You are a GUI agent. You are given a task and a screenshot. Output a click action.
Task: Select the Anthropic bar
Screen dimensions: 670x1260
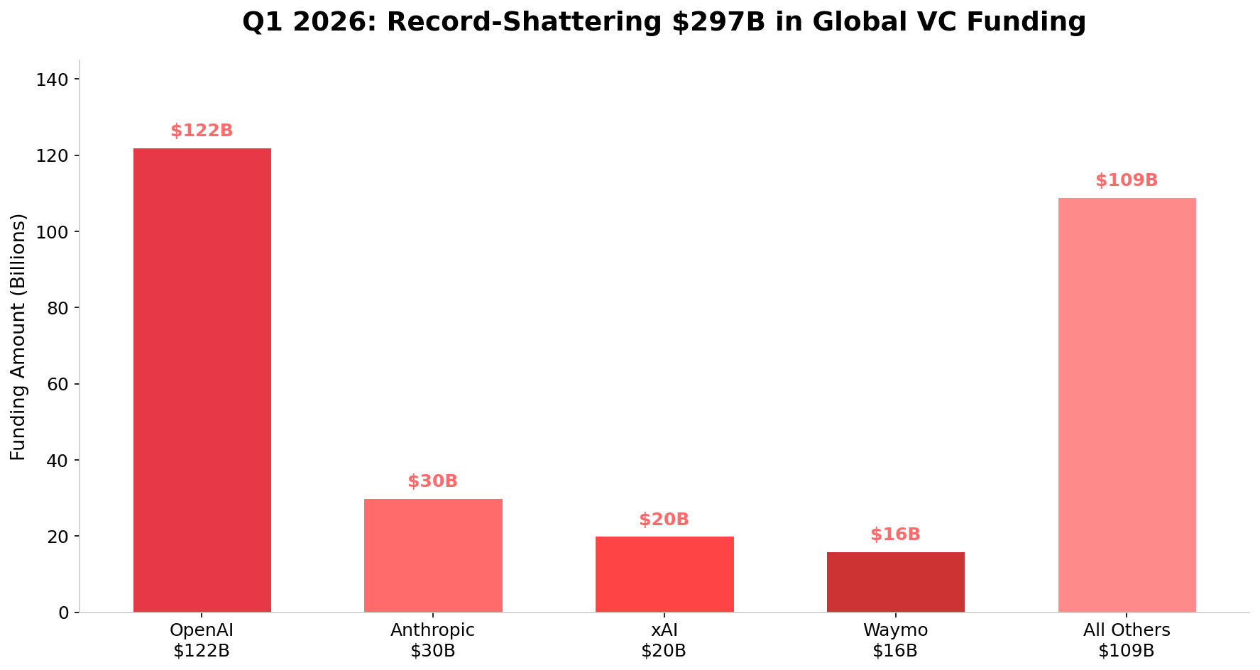(433, 555)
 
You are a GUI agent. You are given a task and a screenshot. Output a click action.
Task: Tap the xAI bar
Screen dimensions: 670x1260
(664, 574)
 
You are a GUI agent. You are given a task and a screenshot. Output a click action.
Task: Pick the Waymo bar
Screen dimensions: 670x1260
(895, 582)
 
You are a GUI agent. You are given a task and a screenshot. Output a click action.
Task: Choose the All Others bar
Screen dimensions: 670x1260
(1127, 405)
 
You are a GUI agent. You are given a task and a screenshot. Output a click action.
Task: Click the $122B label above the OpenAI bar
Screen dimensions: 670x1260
(202, 131)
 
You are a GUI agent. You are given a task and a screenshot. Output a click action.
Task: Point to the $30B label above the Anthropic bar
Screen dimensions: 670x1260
(433, 482)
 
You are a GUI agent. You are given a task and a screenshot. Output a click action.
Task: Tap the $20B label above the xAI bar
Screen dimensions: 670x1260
(664, 520)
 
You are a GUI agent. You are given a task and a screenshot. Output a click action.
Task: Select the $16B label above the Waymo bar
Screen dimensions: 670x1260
(895, 535)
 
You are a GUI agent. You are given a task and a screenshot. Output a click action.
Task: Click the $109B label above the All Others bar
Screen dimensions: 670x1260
(1127, 181)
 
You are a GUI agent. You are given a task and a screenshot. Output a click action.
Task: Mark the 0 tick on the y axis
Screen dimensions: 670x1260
(63, 613)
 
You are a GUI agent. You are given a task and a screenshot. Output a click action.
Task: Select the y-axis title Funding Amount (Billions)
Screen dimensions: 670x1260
(18, 336)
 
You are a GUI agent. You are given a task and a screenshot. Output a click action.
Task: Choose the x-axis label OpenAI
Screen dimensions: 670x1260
(202, 630)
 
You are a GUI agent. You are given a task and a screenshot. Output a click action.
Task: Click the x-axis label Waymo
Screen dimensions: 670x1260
(895, 630)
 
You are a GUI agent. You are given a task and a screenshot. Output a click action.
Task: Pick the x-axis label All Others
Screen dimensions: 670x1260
(1127, 630)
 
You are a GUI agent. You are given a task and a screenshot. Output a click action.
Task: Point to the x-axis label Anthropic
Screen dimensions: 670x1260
(433, 630)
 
